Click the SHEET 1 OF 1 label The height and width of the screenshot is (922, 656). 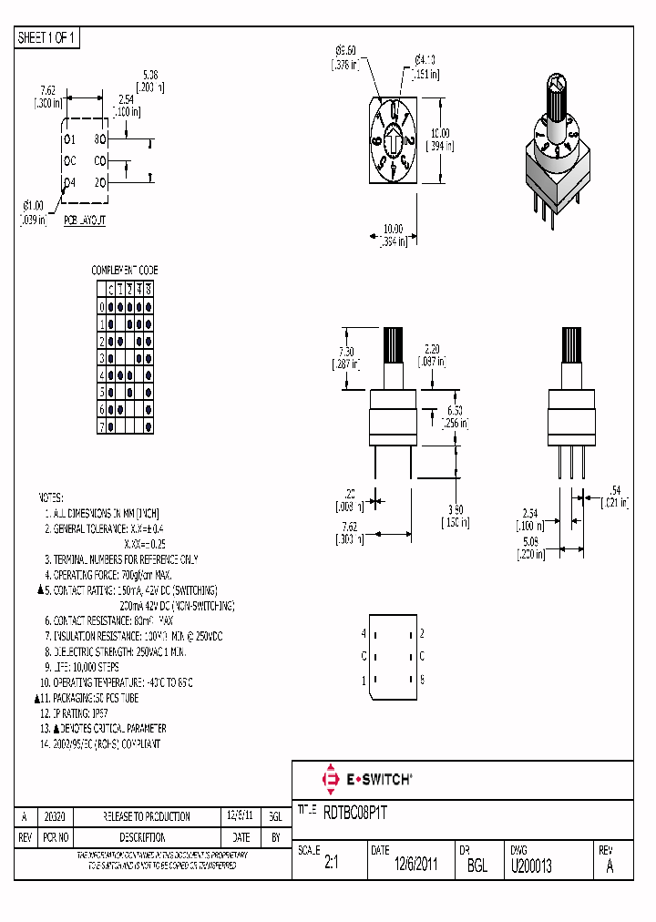47,38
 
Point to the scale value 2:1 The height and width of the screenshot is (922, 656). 331,866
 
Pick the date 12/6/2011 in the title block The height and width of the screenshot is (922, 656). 415,866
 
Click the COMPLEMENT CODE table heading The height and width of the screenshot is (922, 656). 125,271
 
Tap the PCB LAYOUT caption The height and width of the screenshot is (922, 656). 85,220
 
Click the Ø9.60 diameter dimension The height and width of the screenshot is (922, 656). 345,50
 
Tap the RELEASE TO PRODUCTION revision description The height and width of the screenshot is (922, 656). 147,817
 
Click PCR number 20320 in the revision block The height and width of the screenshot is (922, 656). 56,817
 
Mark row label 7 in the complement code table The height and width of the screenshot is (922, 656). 102,425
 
